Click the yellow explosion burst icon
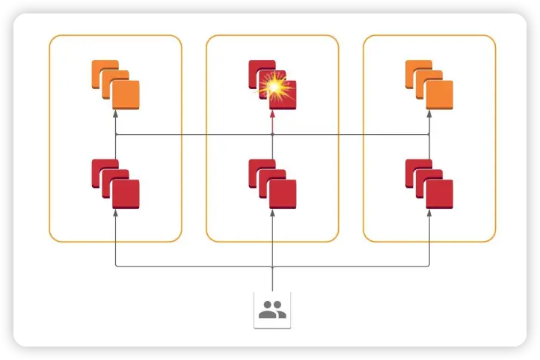273,88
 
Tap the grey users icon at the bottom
272,310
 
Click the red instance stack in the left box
115,183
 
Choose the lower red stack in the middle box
272,183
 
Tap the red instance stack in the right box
429,183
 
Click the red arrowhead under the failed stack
272,115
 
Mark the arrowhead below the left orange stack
115,115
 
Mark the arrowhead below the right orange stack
429,115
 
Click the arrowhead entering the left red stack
115,213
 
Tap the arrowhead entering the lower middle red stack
272,213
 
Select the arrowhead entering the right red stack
429,213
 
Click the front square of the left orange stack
125,94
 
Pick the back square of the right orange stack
416,70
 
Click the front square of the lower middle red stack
283,194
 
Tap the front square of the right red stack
440,194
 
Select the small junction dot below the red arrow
272,135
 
